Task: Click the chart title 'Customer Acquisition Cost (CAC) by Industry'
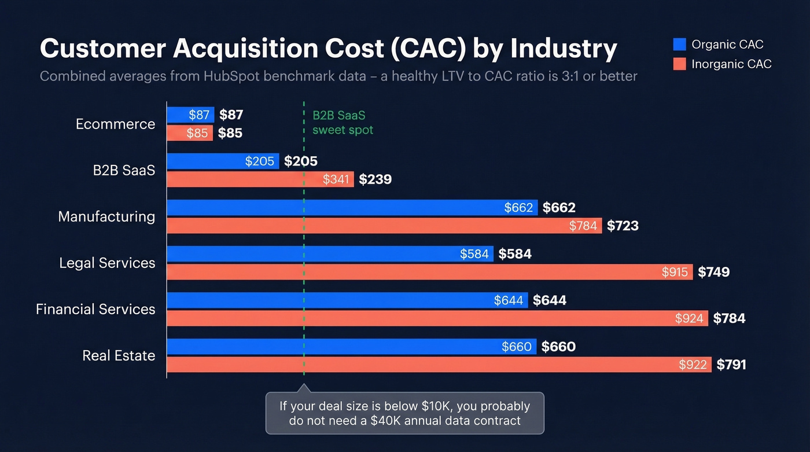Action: click(x=328, y=49)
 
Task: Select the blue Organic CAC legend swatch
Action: click(x=680, y=45)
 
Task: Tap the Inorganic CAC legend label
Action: click(x=731, y=64)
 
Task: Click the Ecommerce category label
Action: click(x=115, y=124)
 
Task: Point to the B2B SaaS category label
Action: click(x=124, y=170)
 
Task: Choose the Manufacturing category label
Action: click(x=106, y=216)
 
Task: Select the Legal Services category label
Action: click(x=107, y=263)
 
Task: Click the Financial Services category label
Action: click(x=95, y=309)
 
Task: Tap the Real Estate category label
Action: click(x=119, y=355)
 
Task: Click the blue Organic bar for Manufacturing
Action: click(x=336, y=208)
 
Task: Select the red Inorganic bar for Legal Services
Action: click(x=405, y=272)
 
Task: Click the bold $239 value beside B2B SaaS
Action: click(x=375, y=179)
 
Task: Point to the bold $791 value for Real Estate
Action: click(x=731, y=365)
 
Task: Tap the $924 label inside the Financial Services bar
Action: click(x=689, y=318)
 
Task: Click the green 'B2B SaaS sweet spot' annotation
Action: click(x=343, y=123)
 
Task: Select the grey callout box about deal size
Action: click(x=405, y=413)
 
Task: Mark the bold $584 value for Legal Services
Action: click(x=514, y=254)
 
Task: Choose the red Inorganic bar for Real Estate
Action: click(x=405, y=365)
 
